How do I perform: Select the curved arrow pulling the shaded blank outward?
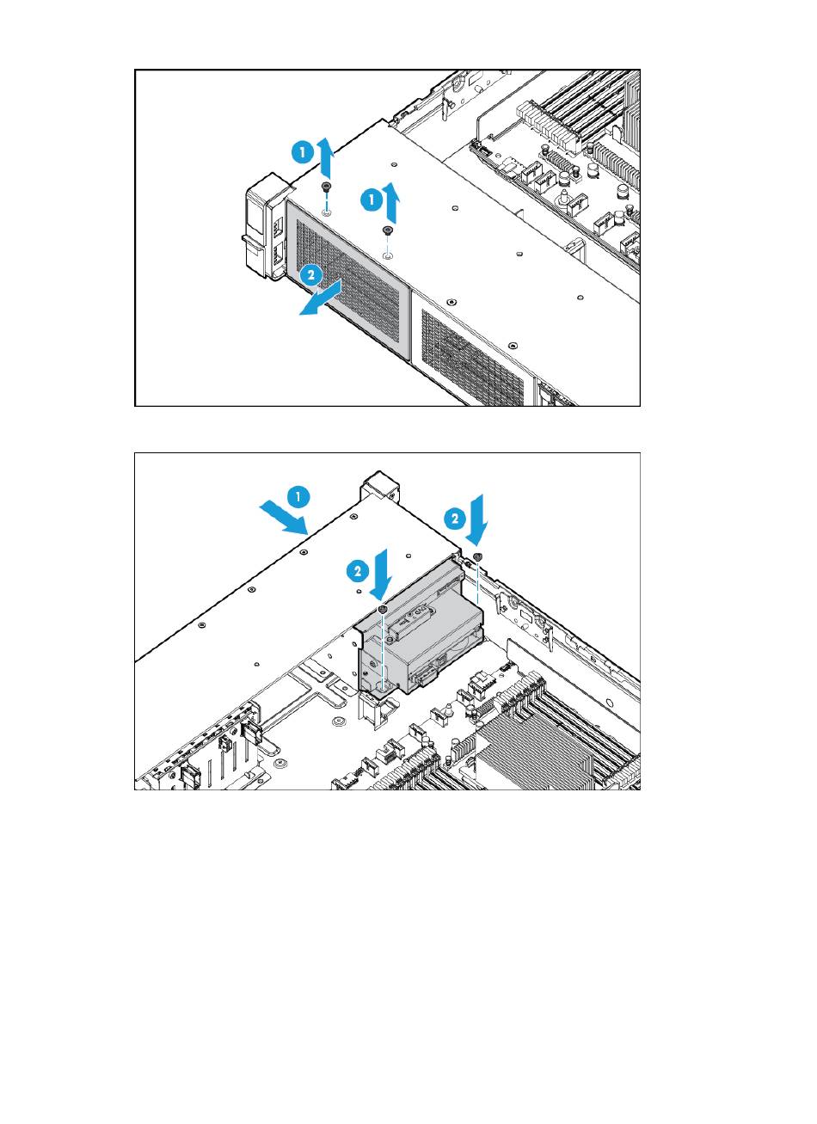click(321, 299)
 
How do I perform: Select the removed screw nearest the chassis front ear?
click(327, 187)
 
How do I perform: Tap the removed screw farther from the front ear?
click(387, 230)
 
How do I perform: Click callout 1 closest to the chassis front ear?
click(303, 151)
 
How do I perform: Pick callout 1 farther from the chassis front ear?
click(372, 200)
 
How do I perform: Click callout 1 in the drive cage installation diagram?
click(298, 497)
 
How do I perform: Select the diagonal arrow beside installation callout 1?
click(283, 519)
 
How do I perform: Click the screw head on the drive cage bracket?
click(384, 609)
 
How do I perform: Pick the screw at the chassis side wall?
click(478, 556)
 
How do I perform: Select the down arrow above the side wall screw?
click(476, 519)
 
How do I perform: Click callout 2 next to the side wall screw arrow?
click(455, 519)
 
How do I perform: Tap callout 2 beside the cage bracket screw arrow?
click(357, 572)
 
